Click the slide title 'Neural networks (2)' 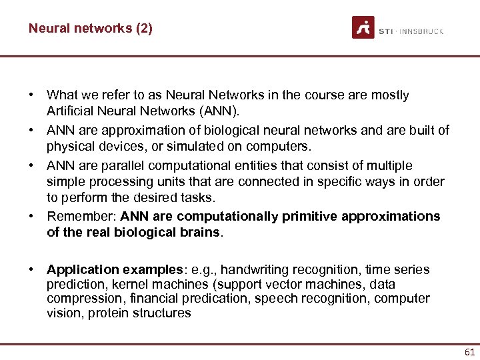pos(90,29)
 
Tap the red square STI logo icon pos(363,27)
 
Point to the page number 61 pos(469,352)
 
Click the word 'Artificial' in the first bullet pos(69,110)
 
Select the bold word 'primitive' pos(310,217)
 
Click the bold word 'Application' pos(82,270)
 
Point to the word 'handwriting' pos(254,270)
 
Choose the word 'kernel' pos(129,285)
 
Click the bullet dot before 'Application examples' pos(32,270)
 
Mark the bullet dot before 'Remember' pos(32,217)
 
